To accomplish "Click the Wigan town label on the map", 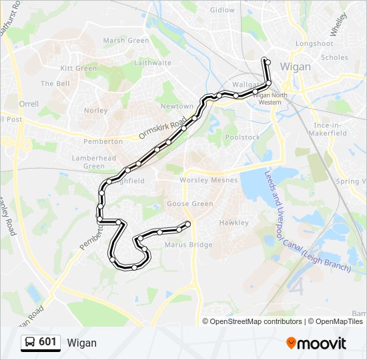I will point(296,67).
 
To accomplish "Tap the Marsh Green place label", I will point(126,41).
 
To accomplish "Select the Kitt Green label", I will point(79,69).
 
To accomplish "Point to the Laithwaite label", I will point(153,63).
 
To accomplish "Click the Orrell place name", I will point(29,105).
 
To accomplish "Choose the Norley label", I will point(96,111).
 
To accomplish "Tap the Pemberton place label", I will point(103,141).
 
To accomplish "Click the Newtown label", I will point(177,107).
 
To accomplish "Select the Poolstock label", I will point(242,137).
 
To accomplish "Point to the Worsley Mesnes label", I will point(205,181).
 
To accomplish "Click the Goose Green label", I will point(190,204).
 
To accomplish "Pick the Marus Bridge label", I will point(188,245).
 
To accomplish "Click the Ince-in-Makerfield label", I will point(329,129).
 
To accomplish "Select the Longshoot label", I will point(314,44).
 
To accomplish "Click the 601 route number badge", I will point(47,342).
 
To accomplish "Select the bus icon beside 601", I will point(30,342).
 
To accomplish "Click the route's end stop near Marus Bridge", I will point(188,224).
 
